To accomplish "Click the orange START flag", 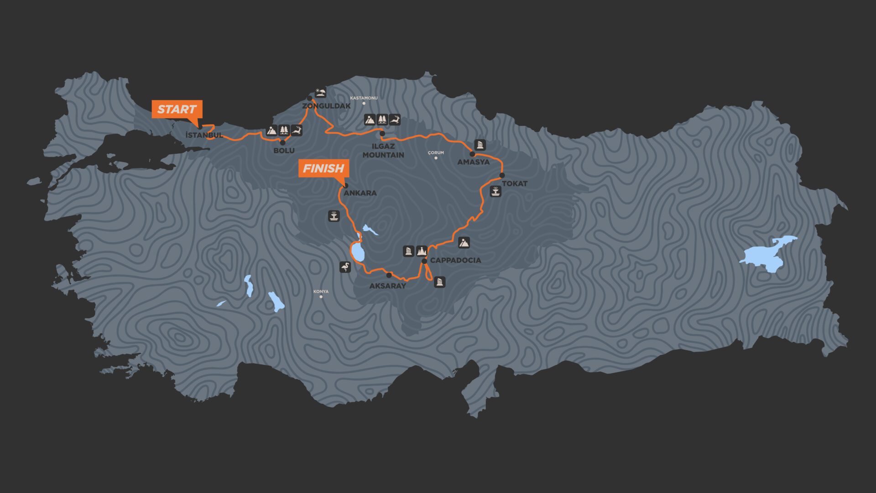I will (x=177, y=110).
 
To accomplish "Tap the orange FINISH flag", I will (x=323, y=168).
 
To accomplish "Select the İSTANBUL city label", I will (x=204, y=135).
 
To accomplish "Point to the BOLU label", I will (x=284, y=151).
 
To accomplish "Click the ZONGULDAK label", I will (x=326, y=106).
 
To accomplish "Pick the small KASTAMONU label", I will (x=364, y=98).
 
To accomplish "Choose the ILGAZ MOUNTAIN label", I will (x=383, y=151).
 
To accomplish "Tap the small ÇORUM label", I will (x=436, y=153).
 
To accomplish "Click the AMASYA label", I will (x=473, y=162).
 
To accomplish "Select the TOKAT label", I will (x=515, y=184).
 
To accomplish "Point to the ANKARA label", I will (x=360, y=193).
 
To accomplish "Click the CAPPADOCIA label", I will (x=455, y=260).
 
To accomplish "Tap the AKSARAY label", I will (x=387, y=286).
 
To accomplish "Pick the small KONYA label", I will (x=321, y=292).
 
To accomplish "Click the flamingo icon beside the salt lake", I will (x=345, y=267).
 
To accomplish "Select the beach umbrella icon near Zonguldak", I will (x=321, y=93).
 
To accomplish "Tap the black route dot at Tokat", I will (x=502, y=175).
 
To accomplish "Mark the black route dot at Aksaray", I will (x=389, y=275).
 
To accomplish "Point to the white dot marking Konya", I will (x=321, y=297).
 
